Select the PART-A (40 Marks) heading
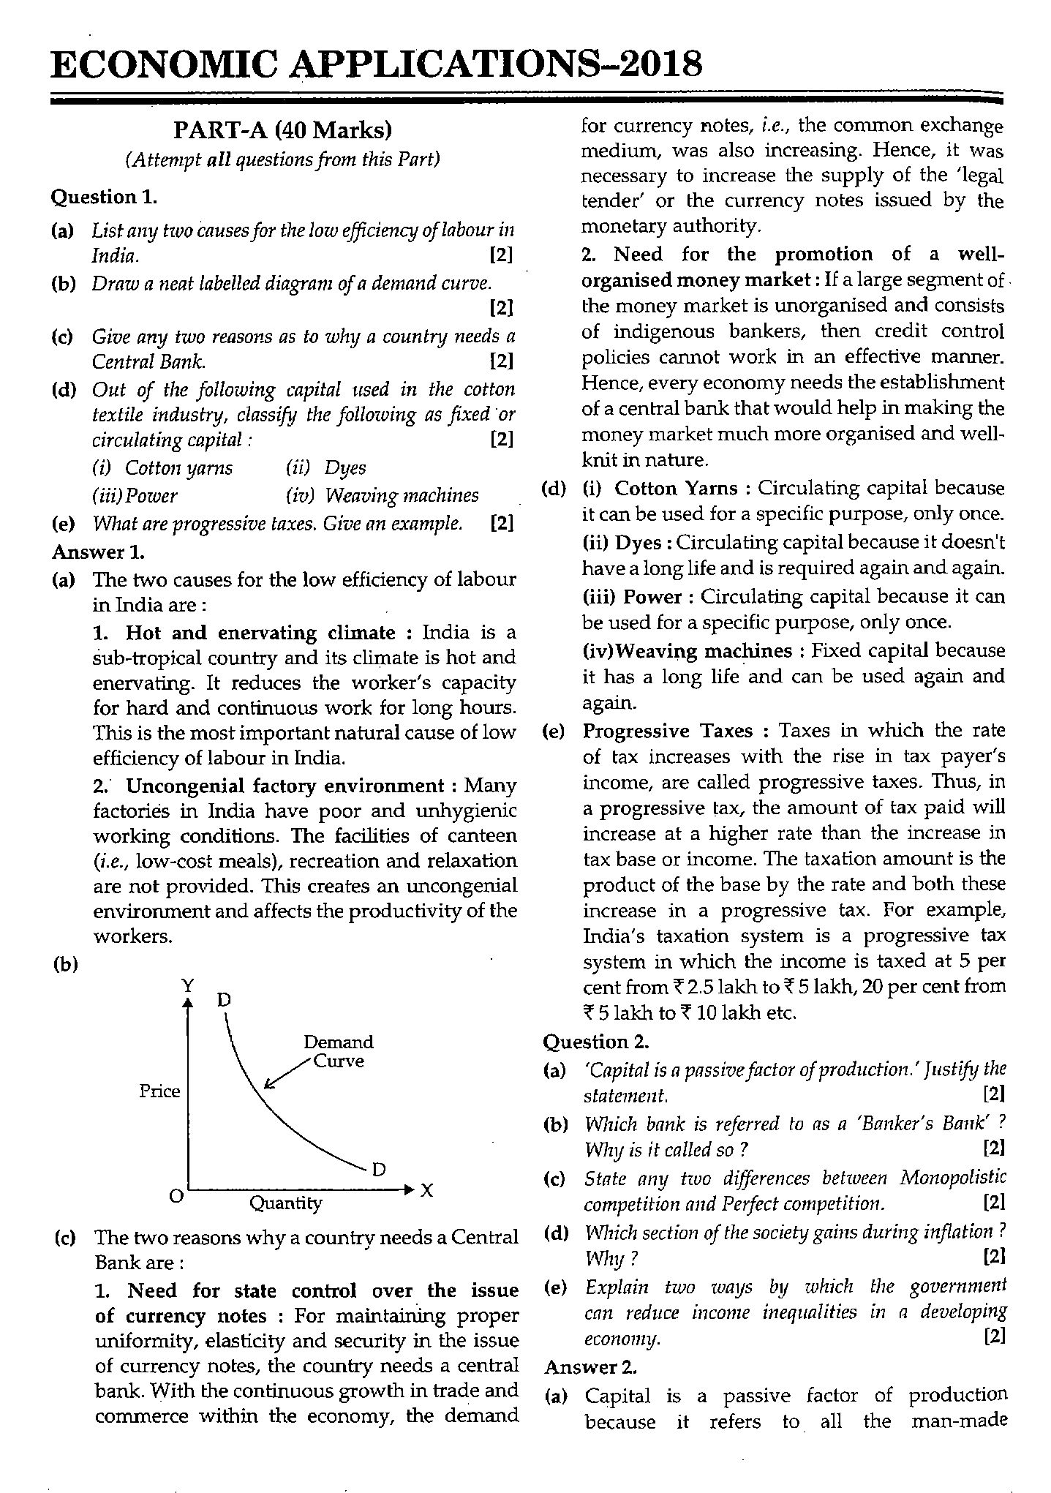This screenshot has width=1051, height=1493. click(x=282, y=131)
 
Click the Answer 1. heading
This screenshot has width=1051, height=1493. click(x=98, y=552)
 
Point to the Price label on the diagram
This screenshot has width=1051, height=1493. click(x=159, y=1091)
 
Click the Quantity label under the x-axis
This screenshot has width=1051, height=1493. click(x=285, y=1203)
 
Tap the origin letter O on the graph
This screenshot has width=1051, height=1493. click(x=176, y=1195)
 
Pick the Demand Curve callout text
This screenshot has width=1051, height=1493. click(x=338, y=1051)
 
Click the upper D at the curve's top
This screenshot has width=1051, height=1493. click(x=224, y=999)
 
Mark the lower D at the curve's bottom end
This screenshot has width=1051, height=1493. click(x=379, y=1169)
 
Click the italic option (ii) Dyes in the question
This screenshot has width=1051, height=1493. click(x=326, y=468)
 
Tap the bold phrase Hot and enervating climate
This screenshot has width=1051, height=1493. click(x=260, y=632)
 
